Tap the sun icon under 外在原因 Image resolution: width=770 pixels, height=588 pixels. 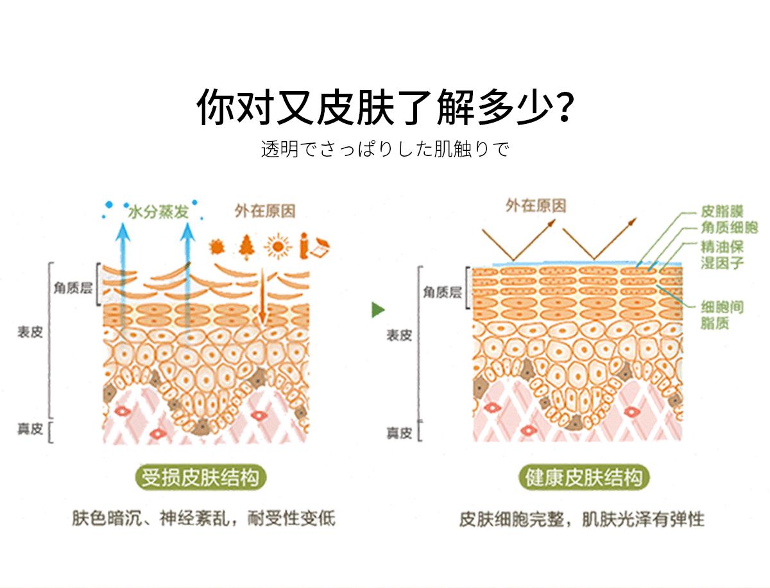click(278, 245)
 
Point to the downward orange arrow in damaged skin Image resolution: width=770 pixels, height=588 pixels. click(262, 295)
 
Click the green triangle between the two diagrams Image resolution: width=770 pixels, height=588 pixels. click(378, 310)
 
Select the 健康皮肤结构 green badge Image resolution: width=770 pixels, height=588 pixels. click(583, 478)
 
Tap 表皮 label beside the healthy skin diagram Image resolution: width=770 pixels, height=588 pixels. click(398, 335)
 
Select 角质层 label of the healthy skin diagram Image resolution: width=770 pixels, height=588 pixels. click(442, 293)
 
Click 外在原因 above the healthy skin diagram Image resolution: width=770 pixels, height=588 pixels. click(536, 205)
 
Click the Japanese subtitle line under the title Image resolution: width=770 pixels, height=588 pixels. click(385, 150)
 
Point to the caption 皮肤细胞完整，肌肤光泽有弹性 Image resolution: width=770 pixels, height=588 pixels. click(581, 519)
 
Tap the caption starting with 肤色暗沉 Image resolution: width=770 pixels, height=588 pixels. click(203, 519)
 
